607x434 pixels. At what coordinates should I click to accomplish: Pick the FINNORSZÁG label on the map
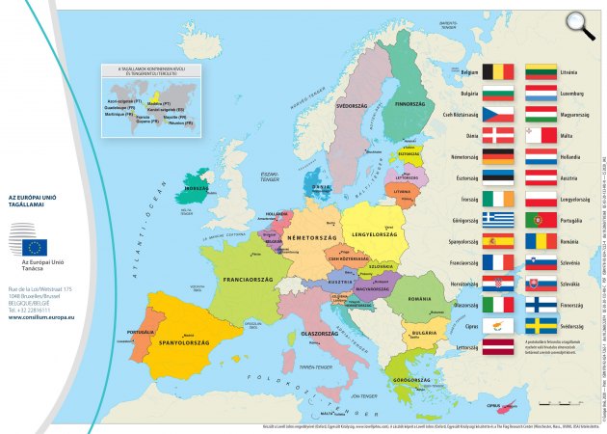(x=410, y=103)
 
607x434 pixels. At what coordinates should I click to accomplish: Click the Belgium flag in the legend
(x=498, y=71)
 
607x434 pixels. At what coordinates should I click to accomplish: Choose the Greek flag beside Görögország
(x=498, y=220)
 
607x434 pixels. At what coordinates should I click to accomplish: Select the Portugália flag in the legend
(x=541, y=220)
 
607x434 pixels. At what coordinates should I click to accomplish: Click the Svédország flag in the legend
(x=541, y=327)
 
